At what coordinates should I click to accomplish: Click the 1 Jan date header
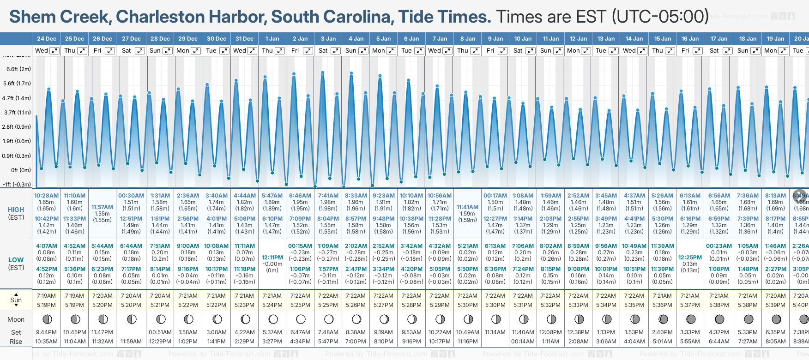(272, 39)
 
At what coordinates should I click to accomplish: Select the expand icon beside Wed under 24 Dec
(54, 51)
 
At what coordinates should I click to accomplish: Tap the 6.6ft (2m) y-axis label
(18, 69)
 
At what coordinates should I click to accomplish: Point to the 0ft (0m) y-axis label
(21, 170)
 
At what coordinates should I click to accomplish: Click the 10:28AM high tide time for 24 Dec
(46, 196)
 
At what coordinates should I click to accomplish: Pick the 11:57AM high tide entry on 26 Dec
(102, 207)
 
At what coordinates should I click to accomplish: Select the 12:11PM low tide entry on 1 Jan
(272, 258)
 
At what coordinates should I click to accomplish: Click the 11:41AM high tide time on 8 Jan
(467, 207)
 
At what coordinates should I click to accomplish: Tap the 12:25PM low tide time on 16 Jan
(690, 258)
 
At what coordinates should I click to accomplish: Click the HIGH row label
(16, 210)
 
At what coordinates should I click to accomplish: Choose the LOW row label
(16, 260)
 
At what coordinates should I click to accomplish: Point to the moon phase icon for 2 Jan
(301, 319)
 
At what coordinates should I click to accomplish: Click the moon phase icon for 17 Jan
(719, 319)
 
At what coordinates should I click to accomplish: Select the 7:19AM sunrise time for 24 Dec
(46, 296)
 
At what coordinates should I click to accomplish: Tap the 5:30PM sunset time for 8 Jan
(467, 305)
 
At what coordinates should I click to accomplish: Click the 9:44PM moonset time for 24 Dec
(46, 332)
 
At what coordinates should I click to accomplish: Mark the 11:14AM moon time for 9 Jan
(495, 332)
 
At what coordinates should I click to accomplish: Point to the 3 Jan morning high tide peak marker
(322, 72)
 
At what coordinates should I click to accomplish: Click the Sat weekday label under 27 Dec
(126, 51)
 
